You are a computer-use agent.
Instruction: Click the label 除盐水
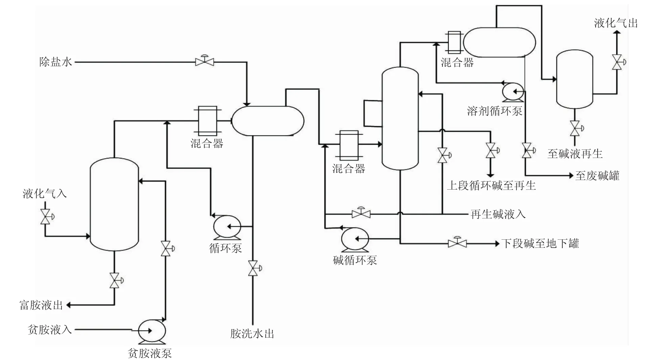click(55, 62)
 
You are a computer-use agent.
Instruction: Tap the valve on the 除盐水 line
click(205, 62)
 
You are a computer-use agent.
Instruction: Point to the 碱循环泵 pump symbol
click(354, 239)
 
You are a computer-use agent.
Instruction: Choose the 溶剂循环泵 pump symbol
click(513, 91)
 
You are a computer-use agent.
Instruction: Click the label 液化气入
click(45, 194)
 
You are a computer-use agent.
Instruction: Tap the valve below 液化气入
click(45, 217)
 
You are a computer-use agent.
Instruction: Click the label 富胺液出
click(41, 305)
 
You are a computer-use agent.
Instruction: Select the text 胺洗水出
click(252, 334)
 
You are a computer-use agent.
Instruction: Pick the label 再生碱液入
click(498, 214)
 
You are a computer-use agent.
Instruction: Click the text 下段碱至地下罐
click(540, 243)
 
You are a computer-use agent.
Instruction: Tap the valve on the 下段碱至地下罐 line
click(457, 243)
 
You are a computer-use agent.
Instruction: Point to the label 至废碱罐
click(597, 176)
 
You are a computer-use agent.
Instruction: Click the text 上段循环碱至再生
click(491, 186)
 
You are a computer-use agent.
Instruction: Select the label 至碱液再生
click(575, 154)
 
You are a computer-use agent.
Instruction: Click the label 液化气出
click(616, 23)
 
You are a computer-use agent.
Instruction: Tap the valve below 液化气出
click(617, 62)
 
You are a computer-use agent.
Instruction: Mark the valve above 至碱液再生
click(575, 128)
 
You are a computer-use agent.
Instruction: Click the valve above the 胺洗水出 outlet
click(253, 268)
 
